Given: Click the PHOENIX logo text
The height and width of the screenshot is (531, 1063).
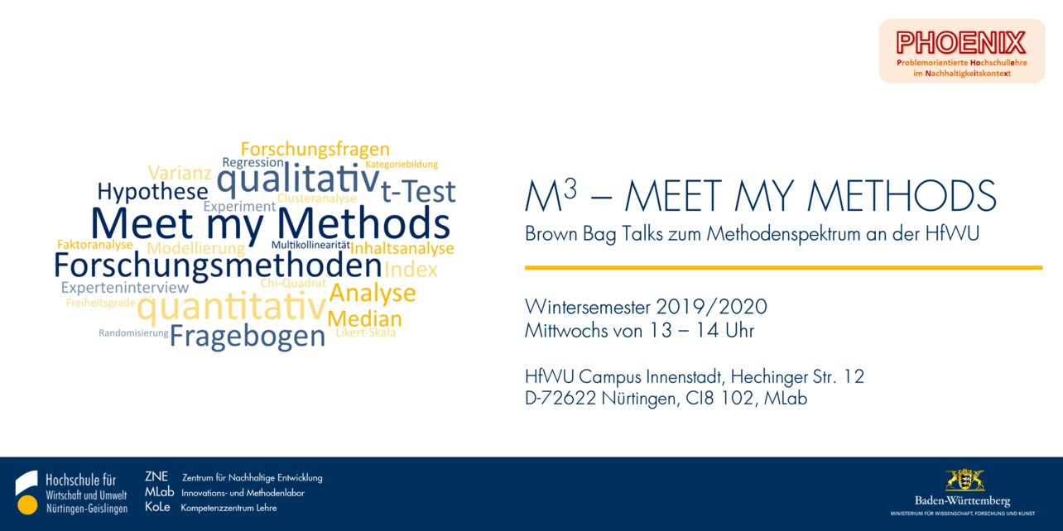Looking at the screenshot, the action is pyautogui.click(x=961, y=43).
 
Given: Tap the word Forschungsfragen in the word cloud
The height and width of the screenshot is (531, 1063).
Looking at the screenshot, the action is pyautogui.click(x=315, y=150).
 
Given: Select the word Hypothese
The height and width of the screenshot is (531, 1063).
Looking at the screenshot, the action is pyautogui.click(x=153, y=192).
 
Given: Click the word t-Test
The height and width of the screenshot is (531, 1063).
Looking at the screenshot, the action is pyautogui.click(x=418, y=192).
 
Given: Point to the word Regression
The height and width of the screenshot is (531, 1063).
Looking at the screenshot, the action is pyautogui.click(x=253, y=163).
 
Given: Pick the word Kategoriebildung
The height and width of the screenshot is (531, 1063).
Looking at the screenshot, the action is pyautogui.click(x=402, y=164).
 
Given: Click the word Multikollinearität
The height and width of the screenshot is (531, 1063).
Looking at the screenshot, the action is pyautogui.click(x=310, y=245).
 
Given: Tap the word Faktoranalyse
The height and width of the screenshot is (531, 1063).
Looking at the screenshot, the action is pyautogui.click(x=95, y=245).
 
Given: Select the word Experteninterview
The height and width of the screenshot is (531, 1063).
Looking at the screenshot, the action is pyautogui.click(x=125, y=287).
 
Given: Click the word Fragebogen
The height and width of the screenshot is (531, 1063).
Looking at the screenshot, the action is pyautogui.click(x=248, y=337).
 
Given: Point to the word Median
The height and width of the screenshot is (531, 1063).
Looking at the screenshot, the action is pyautogui.click(x=364, y=318).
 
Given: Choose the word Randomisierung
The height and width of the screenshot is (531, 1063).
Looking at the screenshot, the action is pyautogui.click(x=133, y=332).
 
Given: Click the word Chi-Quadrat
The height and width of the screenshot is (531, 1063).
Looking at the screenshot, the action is pyautogui.click(x=293, y=284).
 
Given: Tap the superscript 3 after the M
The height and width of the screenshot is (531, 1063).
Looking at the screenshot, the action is pyautogui.click(x=570, y=189).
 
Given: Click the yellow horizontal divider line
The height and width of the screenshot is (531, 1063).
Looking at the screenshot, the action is pyautogui.click(x=783, y=268).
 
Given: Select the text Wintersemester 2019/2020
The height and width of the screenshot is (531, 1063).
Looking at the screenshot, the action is pyautogui.click(x=646, y=307).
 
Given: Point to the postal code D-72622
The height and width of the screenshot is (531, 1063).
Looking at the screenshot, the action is pyautogui.click(x=560, y=399).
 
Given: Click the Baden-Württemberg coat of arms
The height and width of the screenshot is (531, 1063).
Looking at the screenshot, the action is pyautogui.click(x=964, y=481).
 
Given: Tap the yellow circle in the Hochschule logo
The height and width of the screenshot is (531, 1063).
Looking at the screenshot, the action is pyautogui.click(x=27, y=505).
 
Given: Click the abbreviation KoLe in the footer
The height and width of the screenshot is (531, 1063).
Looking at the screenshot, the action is pyautogui.click(x=157, y=507).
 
